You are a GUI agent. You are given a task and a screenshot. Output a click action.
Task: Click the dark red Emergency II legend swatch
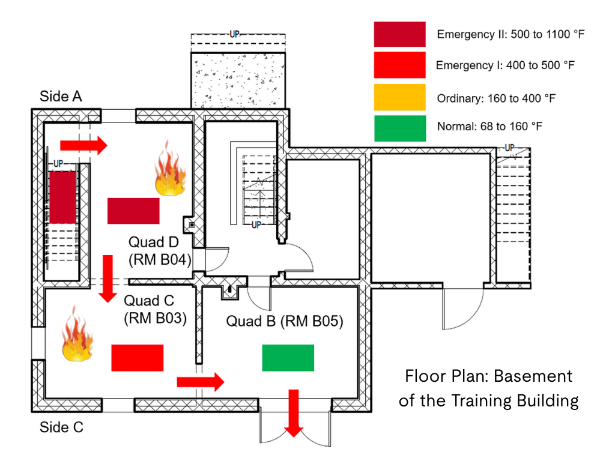tap(399, 34)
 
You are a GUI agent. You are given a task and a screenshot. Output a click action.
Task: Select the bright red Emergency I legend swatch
tap(399, 65)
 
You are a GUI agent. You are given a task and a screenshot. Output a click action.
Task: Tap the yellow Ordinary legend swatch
tap(399, 97)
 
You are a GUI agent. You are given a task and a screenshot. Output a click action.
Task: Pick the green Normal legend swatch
tap(399, 128)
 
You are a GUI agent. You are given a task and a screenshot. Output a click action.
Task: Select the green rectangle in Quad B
tap(288, 358)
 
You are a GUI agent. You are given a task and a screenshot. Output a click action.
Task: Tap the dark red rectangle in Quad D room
tap(133, 211)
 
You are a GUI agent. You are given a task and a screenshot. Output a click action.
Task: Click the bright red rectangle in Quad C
tap(138, 358)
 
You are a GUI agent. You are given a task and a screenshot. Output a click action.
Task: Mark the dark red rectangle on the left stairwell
tap(62, 197)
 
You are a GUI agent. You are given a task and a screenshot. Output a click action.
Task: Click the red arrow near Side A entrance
tap(83, 145)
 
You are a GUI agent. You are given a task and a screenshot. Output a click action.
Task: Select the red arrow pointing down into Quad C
tap(108, 278)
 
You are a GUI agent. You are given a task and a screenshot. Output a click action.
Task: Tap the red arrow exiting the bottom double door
tap(294, 414)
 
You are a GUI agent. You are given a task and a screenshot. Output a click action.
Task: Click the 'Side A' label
tap(61, 96)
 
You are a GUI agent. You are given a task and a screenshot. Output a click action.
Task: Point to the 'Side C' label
tap(61, 428)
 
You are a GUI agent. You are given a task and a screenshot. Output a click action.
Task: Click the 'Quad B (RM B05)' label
tap(284, 321)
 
